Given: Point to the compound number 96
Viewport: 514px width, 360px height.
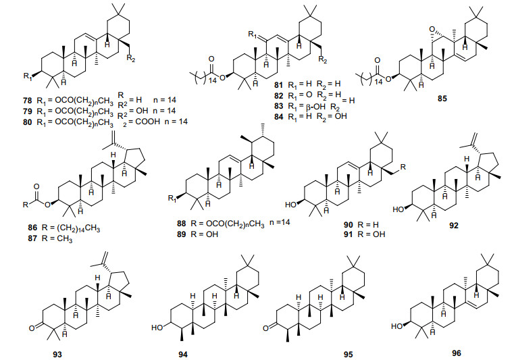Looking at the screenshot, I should point(459,353).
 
